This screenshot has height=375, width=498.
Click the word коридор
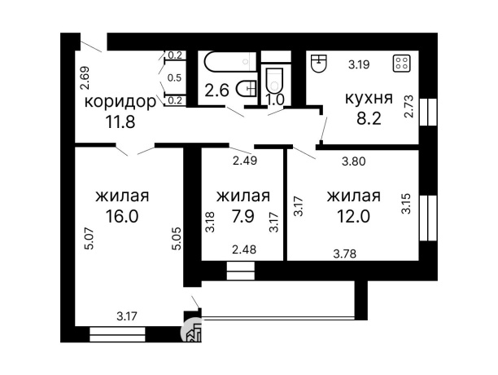coord(120,102)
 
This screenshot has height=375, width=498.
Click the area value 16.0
coord(122,217)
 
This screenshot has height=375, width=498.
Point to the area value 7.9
coord(242,217)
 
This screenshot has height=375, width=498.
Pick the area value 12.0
coord(353,217)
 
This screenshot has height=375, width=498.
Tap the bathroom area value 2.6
coord(216,90)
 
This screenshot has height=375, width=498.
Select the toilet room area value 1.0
coord(274,99)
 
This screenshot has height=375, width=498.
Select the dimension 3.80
coord(353,161)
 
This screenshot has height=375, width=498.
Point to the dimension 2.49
coord(244,160)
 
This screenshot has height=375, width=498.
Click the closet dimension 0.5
coord(174,78)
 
